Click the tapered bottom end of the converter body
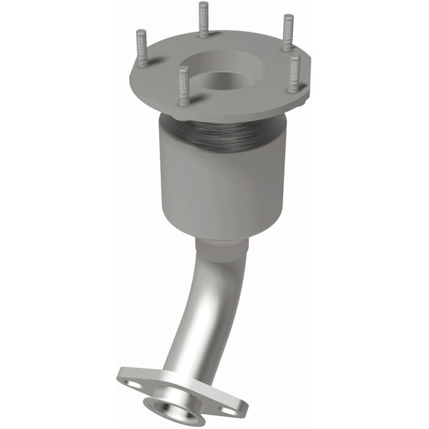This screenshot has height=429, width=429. [221, 230]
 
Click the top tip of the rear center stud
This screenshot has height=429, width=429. [203, 5]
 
